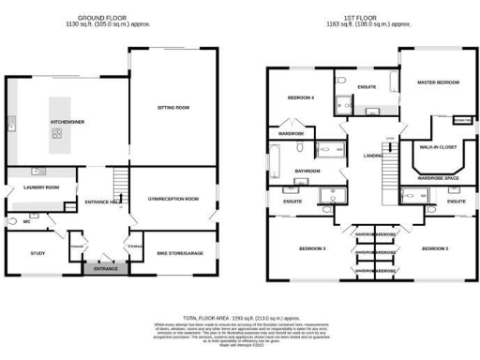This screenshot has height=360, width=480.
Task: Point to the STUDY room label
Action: click(x=37, y=253)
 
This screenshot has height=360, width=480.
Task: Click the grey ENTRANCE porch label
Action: click(x=105, y=269)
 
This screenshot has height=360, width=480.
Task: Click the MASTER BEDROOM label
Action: click(x=438, y=83)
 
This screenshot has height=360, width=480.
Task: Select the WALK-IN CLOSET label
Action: click(x=438, y=147)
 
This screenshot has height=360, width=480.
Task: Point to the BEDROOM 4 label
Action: click(x=300, y=97)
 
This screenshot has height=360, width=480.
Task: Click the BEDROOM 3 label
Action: click(x=312, y=248)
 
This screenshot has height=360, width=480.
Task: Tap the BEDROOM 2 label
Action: click(x=434, y=248)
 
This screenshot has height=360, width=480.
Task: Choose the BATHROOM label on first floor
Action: click(x=307, y=172)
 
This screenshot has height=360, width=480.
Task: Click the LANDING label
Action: click(x=372, y=156)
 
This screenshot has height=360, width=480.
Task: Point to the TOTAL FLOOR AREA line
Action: click(x=240, y=319)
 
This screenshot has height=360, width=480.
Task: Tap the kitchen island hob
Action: click(x=56, y=134)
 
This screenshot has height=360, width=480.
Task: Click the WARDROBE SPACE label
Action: click(x=438, y=177)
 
